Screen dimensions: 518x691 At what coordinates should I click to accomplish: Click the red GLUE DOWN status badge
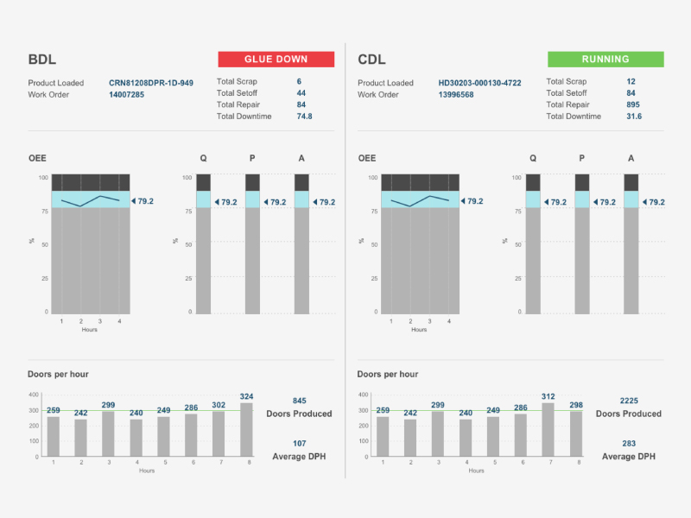pos(276,60)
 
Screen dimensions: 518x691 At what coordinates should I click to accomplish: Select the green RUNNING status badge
pos(605,60)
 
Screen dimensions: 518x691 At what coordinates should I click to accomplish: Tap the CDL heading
pos(372,60)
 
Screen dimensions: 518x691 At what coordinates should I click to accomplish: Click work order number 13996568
pos(456,95)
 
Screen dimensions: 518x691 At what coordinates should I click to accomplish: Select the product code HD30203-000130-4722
pos(479,83)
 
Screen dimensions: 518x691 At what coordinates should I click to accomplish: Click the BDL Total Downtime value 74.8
pos(304,116)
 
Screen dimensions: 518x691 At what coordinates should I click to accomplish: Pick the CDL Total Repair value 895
pos(634,104)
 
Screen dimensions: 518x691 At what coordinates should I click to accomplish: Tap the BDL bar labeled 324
pos(247,429)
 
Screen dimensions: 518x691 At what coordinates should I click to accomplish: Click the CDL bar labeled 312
pos(548,429)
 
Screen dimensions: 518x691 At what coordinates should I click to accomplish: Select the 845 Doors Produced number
pos(299,401)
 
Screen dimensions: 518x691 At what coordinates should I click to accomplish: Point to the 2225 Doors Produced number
pos(630,401)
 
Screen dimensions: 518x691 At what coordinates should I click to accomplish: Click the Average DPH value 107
pos(299,443)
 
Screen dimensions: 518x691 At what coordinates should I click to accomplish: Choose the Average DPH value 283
pos(629,443)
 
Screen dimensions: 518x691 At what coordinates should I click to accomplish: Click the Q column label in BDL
pos(204,158)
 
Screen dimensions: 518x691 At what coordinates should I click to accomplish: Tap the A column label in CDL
pos(631,158)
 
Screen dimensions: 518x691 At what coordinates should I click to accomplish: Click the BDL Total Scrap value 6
pos(299,81)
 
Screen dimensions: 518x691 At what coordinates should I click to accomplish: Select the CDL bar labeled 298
pos(576,433)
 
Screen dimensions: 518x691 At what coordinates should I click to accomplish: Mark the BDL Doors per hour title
pos(59,374)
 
